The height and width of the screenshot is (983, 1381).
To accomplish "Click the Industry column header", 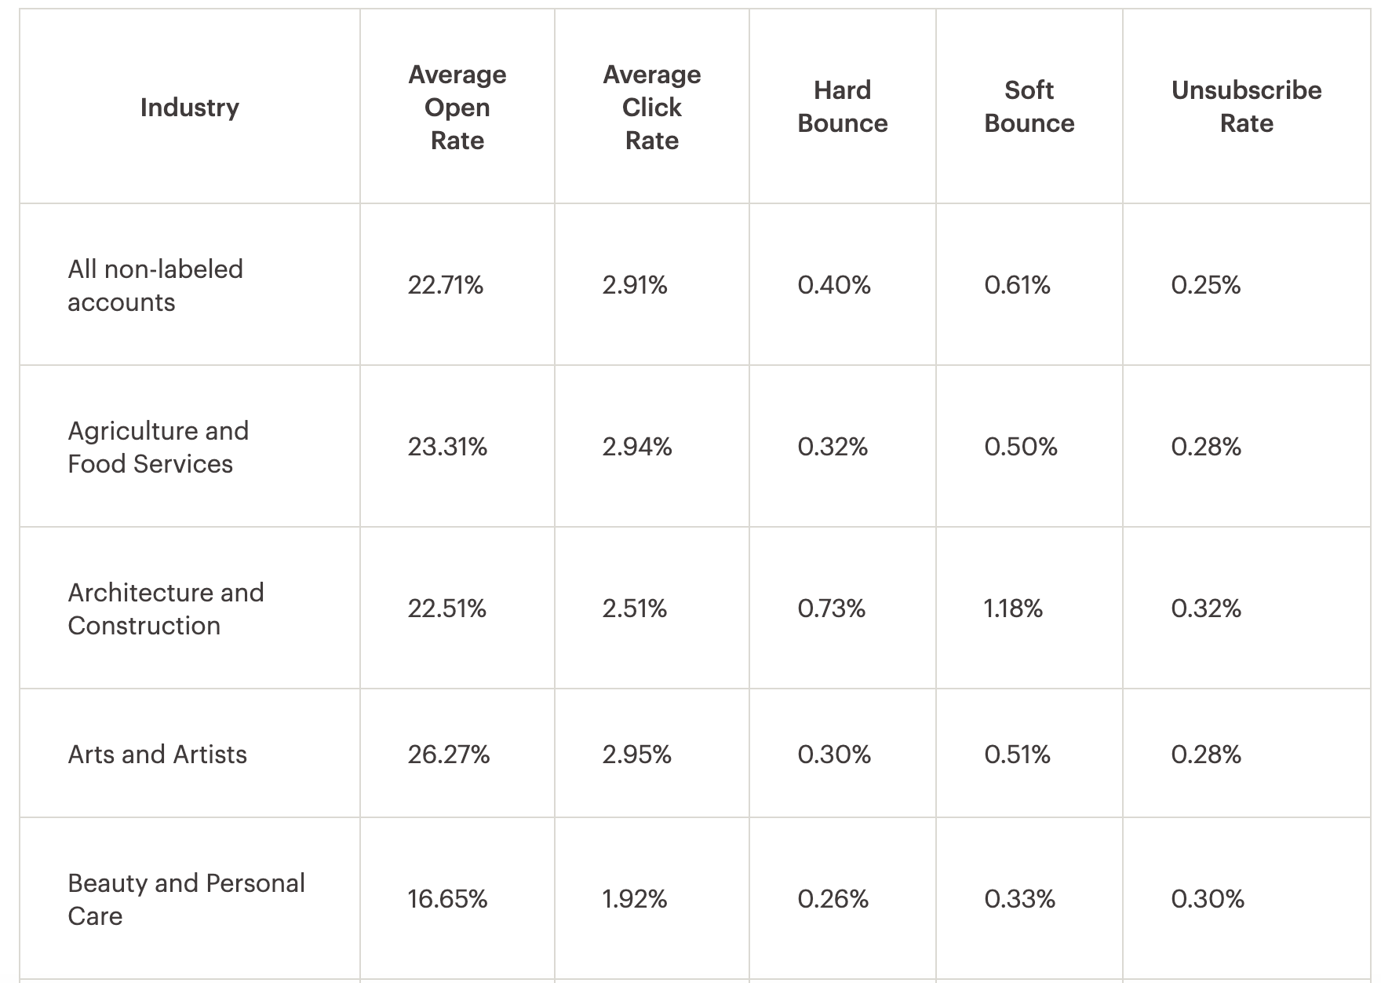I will tap(190, 108).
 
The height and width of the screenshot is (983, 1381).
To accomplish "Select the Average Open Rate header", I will tap(457, 108).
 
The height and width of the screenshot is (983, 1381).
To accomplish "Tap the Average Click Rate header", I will tap(651, 108).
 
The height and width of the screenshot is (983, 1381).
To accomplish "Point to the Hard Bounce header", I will tap(842, 107).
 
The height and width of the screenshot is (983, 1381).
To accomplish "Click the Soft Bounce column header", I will tap(1029, 107).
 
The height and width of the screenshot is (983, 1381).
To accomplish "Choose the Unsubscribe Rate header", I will tap(1246, 107).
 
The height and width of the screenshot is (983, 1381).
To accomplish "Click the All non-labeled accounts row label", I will tap(155, 285).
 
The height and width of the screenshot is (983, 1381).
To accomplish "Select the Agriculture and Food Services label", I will tap(158, 447).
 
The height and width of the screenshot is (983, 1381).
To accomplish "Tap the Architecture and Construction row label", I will tap(166, 608).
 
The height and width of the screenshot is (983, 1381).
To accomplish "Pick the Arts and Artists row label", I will tap(157, 755).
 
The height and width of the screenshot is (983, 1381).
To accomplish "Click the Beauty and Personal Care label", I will tap(186, 899).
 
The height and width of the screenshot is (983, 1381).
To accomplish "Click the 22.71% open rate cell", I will tap(445, 285).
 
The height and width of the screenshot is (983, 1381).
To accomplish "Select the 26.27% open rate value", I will tap(448, 755).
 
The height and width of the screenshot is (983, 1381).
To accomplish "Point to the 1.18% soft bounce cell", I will tap(1013, 608).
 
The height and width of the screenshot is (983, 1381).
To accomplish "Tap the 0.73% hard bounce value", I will tap(831, 608).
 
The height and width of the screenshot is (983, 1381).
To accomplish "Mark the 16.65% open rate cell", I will tap(447, 899).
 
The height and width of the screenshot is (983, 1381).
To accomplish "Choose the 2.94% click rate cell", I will tap(636, 447).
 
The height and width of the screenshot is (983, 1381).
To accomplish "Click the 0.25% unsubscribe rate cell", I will tap(1205, 285).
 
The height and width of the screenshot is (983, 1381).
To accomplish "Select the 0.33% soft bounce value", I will tap(1019, 899).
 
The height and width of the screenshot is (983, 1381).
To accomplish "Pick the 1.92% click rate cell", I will tap(634, 899).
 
